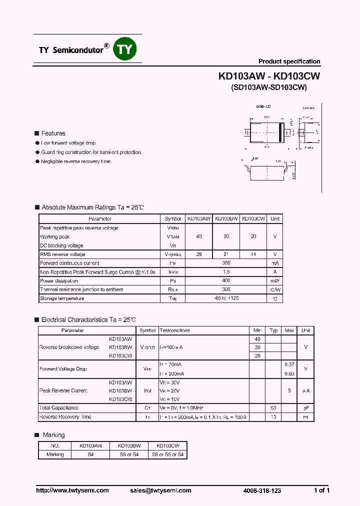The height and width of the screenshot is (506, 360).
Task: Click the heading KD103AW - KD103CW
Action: point(269,76)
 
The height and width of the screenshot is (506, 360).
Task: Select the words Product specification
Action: point(289,61)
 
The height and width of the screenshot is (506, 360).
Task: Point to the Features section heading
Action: point(53,133)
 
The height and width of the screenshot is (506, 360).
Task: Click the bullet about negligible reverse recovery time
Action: point(76,161)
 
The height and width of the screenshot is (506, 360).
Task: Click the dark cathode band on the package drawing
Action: point(281,132)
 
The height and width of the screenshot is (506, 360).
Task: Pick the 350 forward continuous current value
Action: point(226,263)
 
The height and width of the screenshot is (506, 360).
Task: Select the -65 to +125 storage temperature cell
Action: point(226,298)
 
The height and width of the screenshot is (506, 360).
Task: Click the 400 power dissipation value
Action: point(226,281)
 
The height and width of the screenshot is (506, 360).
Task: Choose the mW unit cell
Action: point(274,281)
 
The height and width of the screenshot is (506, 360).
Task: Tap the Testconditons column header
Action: point(174,330)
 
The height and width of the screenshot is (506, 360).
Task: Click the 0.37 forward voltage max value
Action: point(289,364)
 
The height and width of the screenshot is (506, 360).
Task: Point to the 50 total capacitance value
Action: point(273,408)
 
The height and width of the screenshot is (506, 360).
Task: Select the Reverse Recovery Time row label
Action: point(65,417)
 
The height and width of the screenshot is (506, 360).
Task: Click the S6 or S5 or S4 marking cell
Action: point(167,454)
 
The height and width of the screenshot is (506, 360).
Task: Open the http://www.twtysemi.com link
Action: point(72,490)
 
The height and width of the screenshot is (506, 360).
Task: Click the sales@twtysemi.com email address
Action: point(164,490)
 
